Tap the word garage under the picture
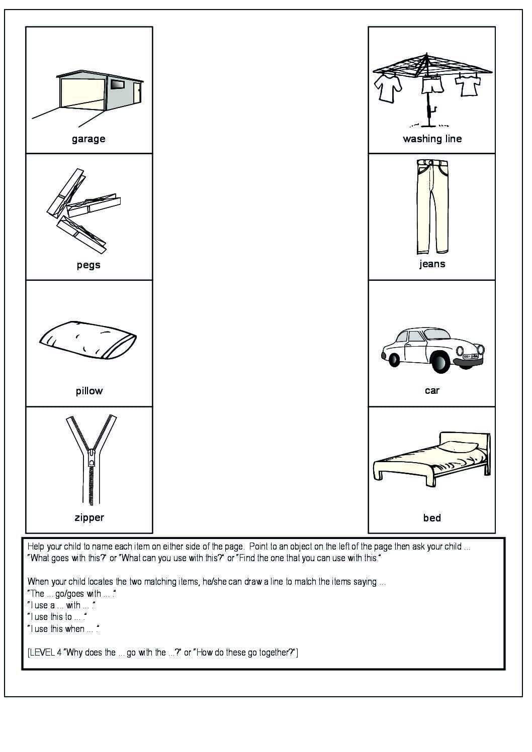tap(88, 139)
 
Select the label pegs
tap(88, 265)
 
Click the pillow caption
tap(89, 391)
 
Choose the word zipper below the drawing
tap(89, 517)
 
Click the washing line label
tap(432, 139)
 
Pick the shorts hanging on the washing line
tap(432, 85)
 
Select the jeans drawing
tap(432, 206)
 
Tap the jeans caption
tap(432, 264)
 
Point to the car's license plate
tap(470, 356)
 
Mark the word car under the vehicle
tap(432, 390)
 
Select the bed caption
tap(432, 517)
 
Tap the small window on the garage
tap(117, 84)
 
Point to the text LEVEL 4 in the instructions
tap(45, 653)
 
